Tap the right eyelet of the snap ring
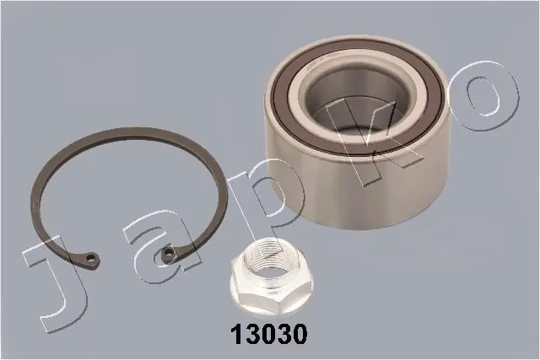(168, 254)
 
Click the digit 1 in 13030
(238, 334)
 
